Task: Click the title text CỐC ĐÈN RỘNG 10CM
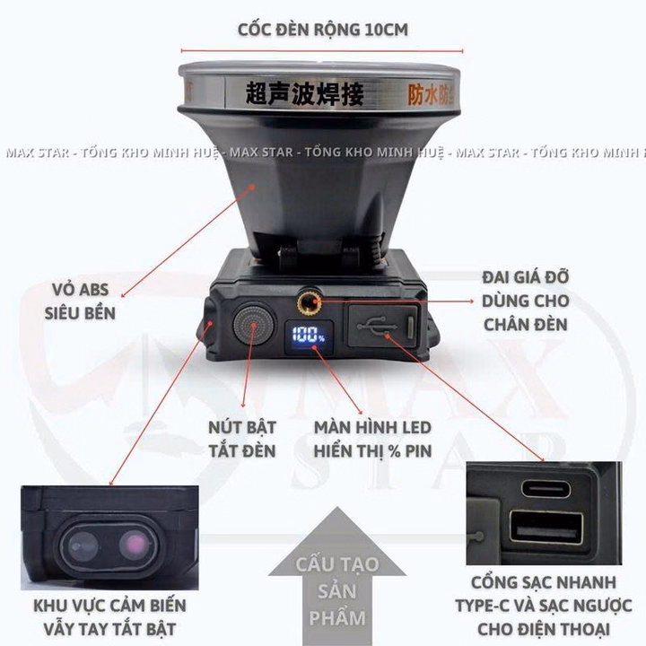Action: click(x=322, y=29)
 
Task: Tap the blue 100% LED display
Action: click(x=307, y=336)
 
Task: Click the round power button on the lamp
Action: click(x=253, y=324)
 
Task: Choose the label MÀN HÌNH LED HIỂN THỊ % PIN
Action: click(x=372, y=437)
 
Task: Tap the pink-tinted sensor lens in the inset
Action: click(x=135, y=544)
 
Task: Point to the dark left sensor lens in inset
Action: click(x=83, y=545)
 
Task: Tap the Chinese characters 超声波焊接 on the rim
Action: click(x=292, y=93)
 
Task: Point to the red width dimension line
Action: click(x=322, y=51)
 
